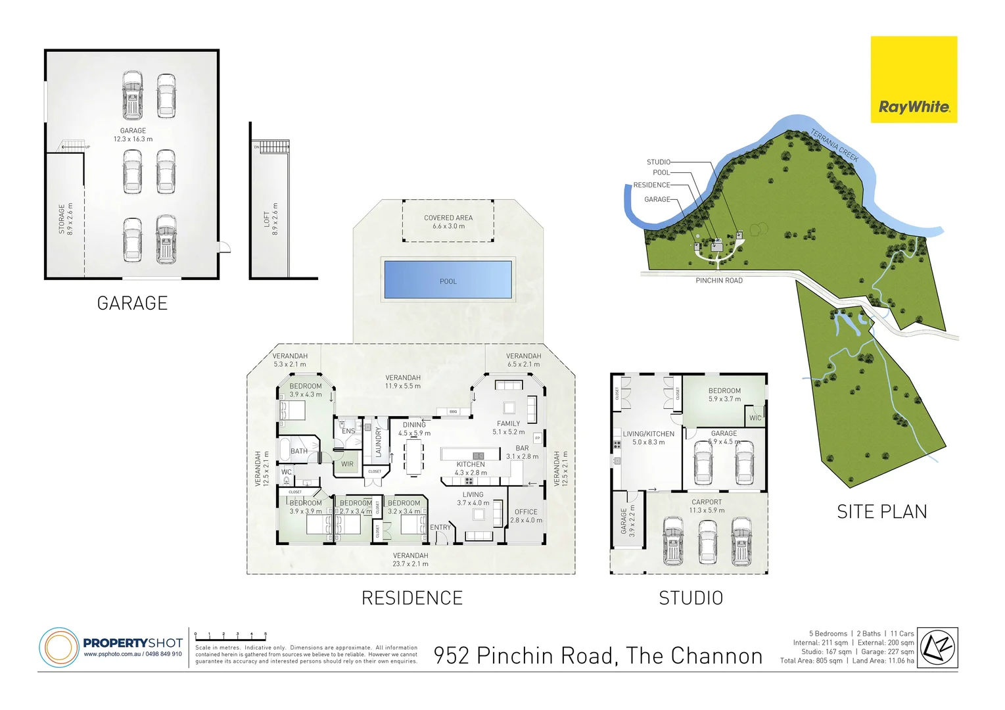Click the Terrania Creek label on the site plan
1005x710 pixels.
835,145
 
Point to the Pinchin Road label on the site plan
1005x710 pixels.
719,281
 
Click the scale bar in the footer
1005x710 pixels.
231,636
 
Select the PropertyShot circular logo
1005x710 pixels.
58,647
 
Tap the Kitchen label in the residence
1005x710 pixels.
471,465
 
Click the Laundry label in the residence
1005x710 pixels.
379,442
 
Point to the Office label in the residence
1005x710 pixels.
526,512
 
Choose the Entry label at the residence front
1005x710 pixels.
440,527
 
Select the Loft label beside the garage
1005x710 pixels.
267,219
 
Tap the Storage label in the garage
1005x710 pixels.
62,219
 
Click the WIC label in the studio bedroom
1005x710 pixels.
755,418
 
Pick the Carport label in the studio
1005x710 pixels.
707,502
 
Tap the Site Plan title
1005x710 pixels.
881,512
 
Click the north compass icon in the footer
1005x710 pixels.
937,648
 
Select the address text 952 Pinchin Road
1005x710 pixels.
597,655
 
